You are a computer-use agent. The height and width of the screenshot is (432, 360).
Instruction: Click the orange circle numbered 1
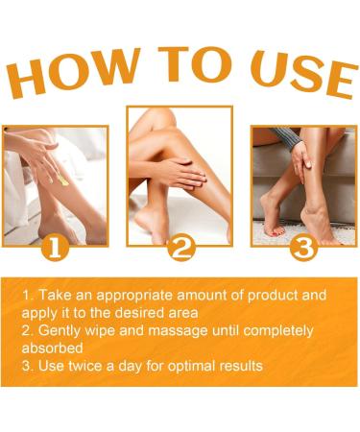[55, 249]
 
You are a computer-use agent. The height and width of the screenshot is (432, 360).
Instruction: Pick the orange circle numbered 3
[303, 249]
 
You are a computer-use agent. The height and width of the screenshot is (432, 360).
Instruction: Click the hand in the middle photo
[187, 173]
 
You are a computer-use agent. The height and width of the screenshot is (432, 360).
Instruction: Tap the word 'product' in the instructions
[256, 295]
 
